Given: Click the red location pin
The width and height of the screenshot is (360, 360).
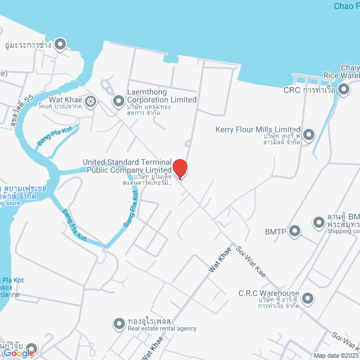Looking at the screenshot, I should click(x=179, y=169).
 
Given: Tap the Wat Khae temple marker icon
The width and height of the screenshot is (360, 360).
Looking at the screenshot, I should click(x=91, y=101).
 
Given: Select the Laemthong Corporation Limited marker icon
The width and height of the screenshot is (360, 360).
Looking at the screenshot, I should click(x=118, y=101).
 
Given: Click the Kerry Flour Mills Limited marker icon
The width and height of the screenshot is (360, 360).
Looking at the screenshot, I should click(x=308, y=134).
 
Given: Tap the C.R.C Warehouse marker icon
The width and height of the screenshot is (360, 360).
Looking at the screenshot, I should click(x=307, y=298).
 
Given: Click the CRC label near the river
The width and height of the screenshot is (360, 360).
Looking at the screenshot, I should click(x=292, y=90).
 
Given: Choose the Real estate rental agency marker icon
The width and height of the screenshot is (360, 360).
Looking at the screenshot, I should click(x=119, y=324).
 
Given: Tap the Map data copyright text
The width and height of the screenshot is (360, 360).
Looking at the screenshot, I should click(x=336, y=355).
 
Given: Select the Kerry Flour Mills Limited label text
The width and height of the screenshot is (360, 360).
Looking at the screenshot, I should click(x=258, y=130).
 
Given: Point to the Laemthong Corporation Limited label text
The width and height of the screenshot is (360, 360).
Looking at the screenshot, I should click(x=161, y=100).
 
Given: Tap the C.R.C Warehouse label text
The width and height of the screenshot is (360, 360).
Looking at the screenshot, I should click(x=268, y=294).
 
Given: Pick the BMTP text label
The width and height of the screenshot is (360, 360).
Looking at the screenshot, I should click(x=276, y=231).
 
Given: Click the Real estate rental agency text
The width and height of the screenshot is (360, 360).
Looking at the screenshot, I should click(x=162, y=328).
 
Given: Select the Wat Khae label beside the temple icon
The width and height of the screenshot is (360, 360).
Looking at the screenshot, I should click(x=66, y=101).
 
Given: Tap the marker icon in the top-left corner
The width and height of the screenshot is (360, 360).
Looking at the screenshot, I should click(x=60, y=44).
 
